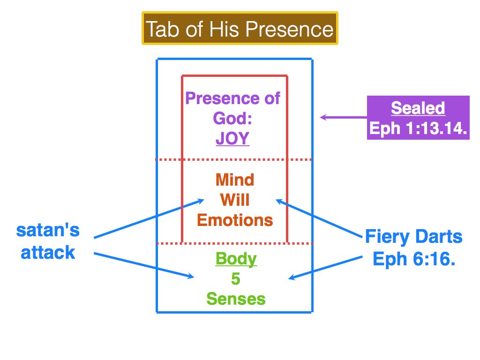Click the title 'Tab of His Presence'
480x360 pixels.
(x=240, y=29)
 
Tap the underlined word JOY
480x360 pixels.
(x=232, y=139)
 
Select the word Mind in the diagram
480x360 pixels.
(x=234, y=180)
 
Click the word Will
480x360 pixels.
(x=235, y=200)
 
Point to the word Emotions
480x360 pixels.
(x=235, y=220)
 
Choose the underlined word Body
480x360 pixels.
(x=236, y=259)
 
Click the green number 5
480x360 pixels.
(x=235, y=279)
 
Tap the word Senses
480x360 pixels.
(x=236, y=299)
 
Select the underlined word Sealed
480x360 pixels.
(x=418, y=108)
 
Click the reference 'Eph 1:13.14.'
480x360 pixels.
(x=418, y=128)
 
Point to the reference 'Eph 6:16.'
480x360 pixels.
(x=414, y=258)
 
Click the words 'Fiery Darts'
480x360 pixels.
(x=414, y=237)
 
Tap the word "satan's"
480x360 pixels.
(x=48, y=230)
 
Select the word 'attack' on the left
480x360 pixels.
(x=48, y=252)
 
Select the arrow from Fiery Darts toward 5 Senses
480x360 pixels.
(x=325, y=267)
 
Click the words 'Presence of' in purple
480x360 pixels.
(x=232, y=98)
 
